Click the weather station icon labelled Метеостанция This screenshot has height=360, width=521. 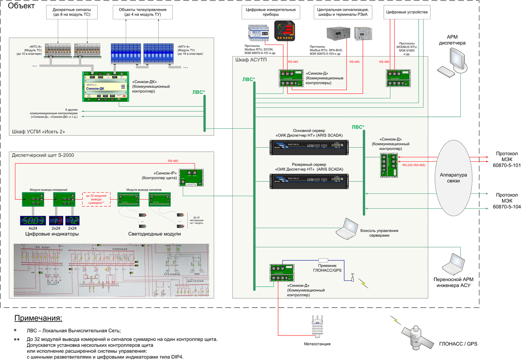pos(317,327)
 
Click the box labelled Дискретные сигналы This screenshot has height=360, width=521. pos(72,12)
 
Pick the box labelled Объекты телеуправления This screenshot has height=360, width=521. pos(143,12)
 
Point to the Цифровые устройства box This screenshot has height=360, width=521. pos(407,12)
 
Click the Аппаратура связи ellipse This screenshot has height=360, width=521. pos(453,178)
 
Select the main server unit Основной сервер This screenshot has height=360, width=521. pos(309,147)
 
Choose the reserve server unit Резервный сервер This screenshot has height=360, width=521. pos(309,181)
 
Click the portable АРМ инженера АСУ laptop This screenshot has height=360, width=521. pos(454,264)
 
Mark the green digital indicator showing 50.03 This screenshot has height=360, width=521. pos(33,221)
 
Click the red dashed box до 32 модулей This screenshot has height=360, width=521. pos(96,199)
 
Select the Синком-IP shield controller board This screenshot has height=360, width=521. pos(191,177)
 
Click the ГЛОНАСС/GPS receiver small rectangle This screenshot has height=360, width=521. pos(323,260)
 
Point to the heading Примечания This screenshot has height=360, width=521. pos(38,318)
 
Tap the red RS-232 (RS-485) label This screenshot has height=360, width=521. pos(414,165)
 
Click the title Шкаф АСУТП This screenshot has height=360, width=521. pos(251,60)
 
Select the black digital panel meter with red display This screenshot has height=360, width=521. pos(285,31)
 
